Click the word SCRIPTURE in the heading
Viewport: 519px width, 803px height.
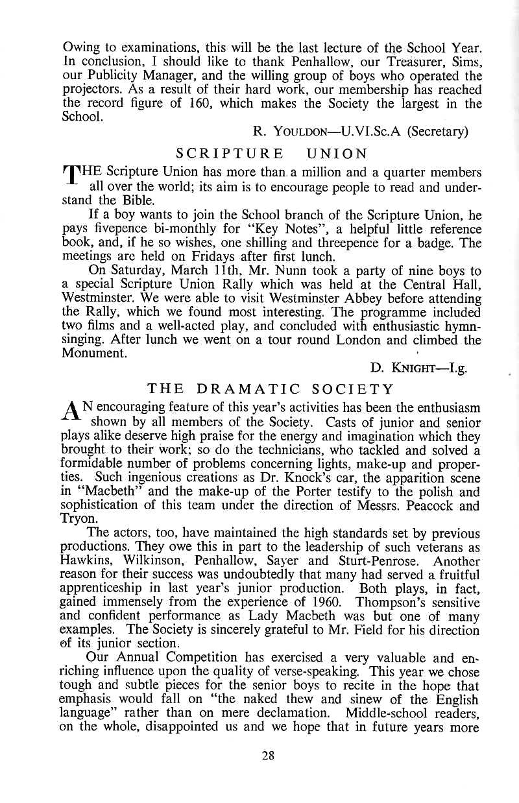230,154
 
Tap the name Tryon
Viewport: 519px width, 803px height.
79,520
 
